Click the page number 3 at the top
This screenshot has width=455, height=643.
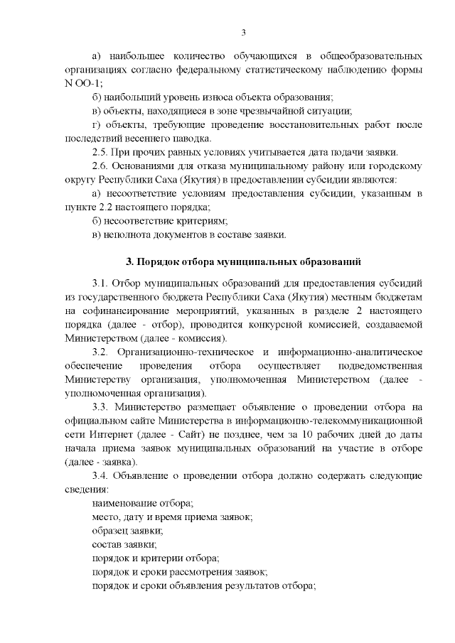tap(244, 32)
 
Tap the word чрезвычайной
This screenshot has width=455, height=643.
tap(279, 110)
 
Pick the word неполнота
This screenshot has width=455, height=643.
tap(127, 234)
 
